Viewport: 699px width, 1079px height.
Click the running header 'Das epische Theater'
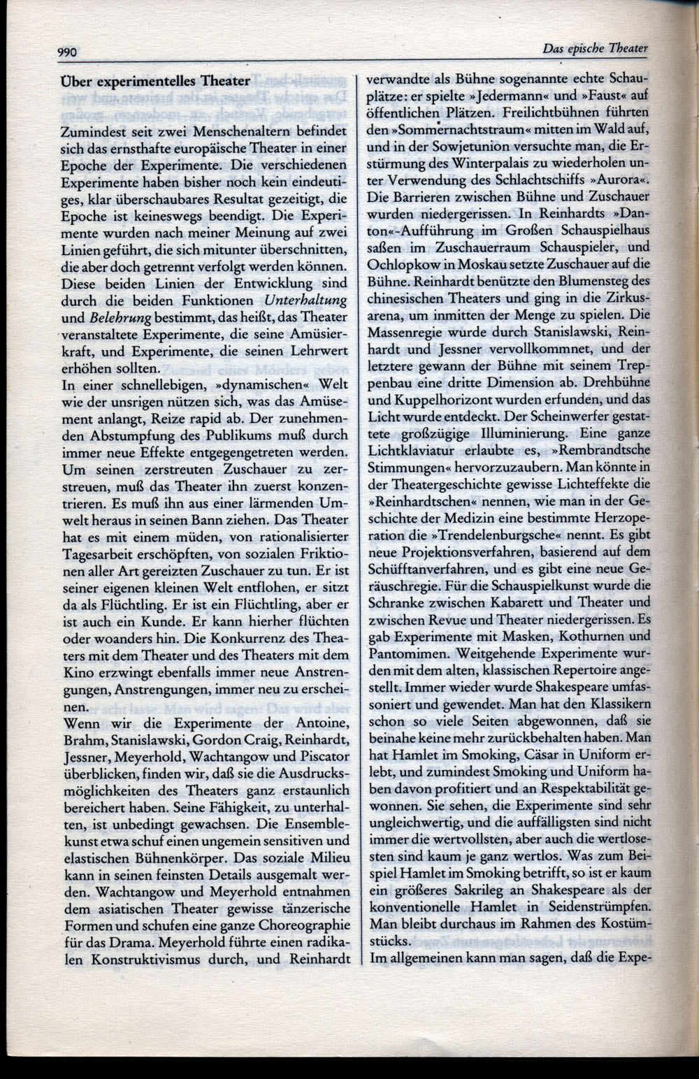(595, 48)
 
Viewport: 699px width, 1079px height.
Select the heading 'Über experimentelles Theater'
(155, 80)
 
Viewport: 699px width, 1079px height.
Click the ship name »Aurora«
(621, 180)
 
